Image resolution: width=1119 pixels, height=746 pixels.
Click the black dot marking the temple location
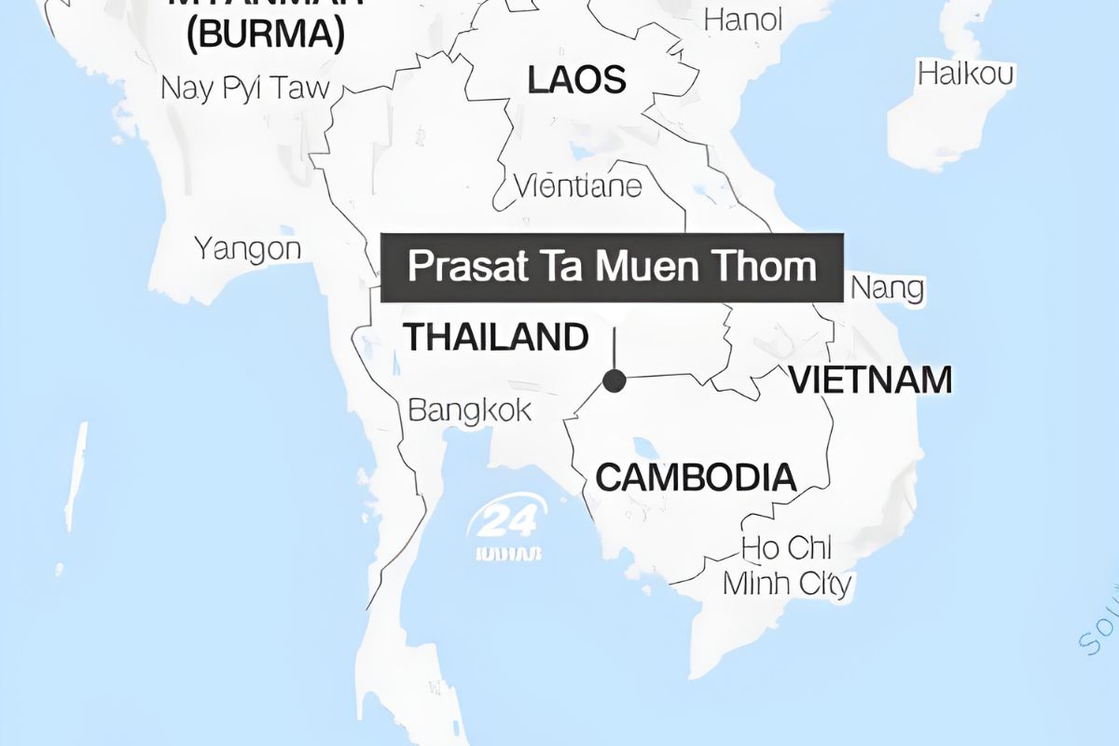[x=614, y=380]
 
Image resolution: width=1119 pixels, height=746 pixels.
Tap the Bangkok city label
[x=470, y=409]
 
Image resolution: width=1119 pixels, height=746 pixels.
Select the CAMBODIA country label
[x=696, y=477]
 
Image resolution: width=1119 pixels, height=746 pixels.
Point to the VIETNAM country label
[x=871, y=380]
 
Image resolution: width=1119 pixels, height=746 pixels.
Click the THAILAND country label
[x=496, y=337]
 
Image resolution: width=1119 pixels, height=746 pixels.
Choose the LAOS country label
[x=576, y=80]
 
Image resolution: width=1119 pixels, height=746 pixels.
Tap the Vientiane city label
[x=579, y=186]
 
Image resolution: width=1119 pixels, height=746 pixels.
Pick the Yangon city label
[x=248, y=249]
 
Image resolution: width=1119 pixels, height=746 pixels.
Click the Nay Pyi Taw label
[x=245, y=89]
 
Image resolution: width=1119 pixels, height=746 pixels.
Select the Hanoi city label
[x=743, y=20]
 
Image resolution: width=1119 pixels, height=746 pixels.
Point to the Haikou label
[x=966, y=74]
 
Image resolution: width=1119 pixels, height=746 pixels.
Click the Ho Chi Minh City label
[x=787, y=566]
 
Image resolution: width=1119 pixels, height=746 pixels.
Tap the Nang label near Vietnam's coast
[x=887, y=288]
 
